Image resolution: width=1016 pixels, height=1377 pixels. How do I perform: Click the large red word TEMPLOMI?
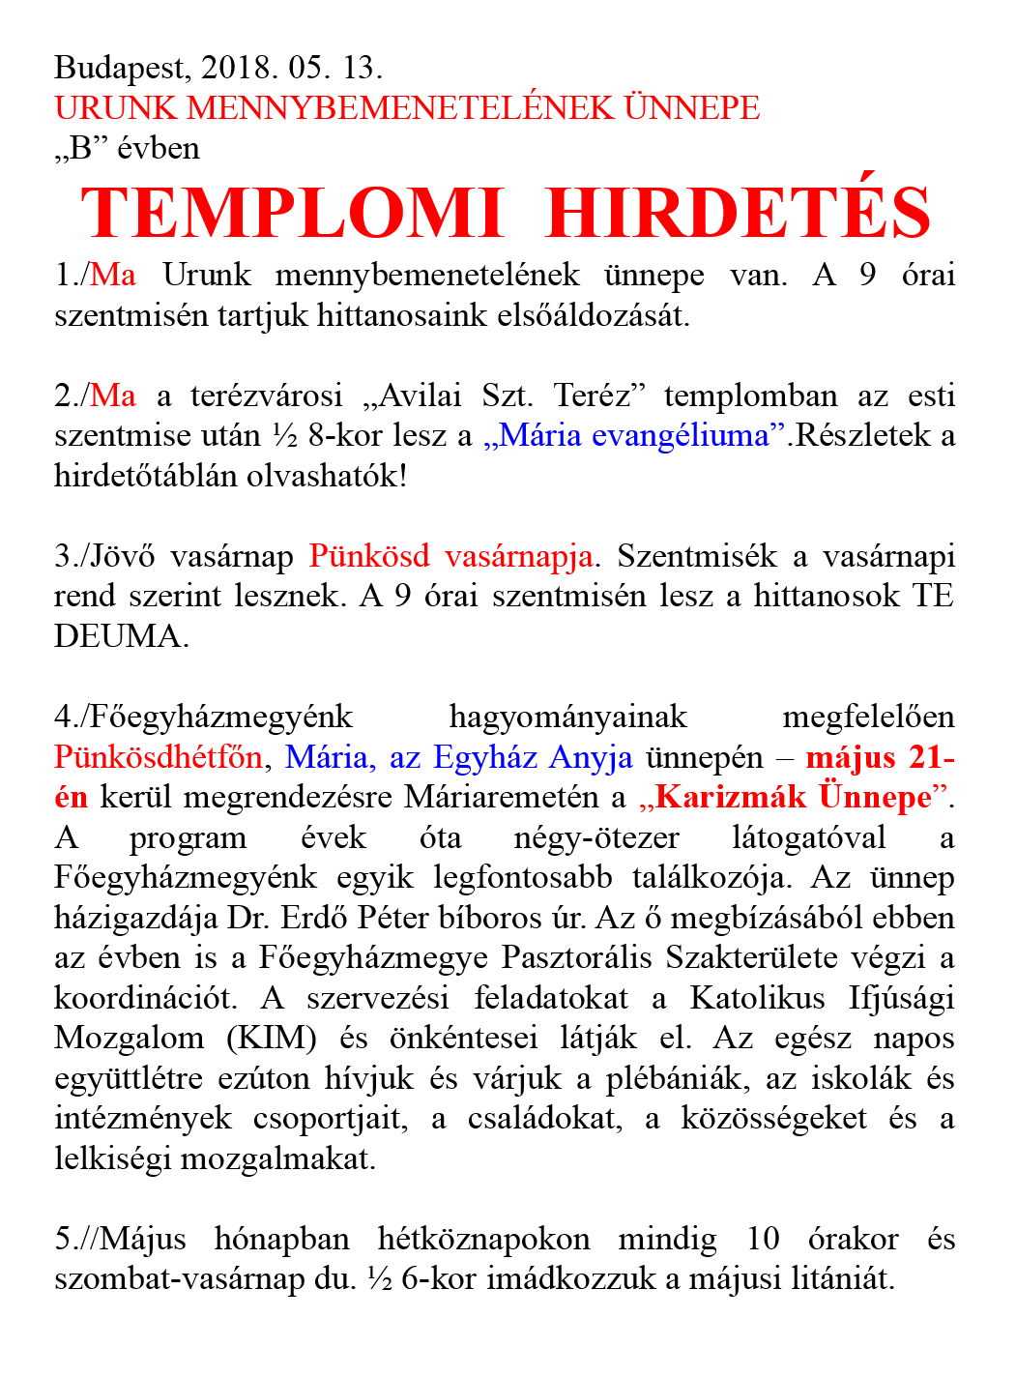[x=293, y=213]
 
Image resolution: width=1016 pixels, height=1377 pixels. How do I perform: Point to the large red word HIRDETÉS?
[x=739, y=213]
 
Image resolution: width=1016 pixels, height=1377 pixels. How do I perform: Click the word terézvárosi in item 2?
[x=266, y=396]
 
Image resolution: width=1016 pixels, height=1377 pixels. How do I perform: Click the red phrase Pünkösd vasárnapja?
[x=451, y=556]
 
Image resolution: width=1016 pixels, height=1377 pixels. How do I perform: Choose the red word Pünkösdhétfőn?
[x=158, y=757]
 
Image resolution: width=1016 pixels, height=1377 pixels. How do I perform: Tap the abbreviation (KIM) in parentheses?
[x=272, y=1038]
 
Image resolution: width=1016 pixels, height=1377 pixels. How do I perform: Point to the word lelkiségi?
[x=114, y=1158]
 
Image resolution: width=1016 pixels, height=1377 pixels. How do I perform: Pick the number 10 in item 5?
[x=764, y=1239]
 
